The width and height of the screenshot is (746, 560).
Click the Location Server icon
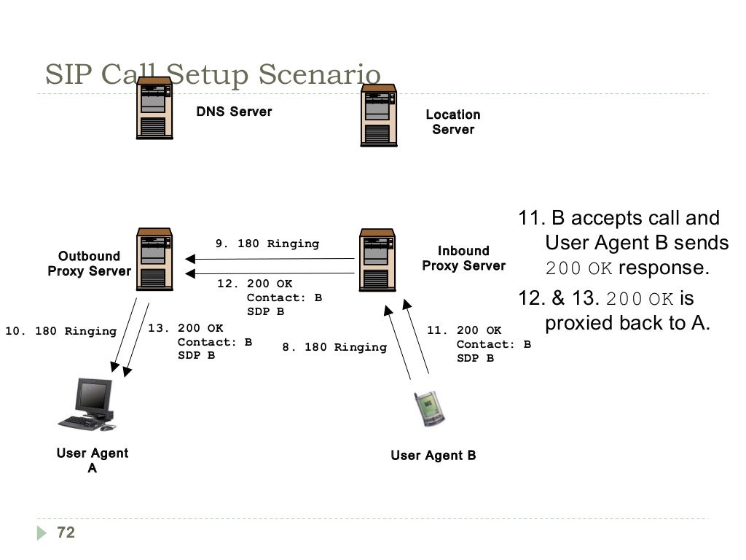[379, 115]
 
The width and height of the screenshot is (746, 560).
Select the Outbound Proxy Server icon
[154, 259]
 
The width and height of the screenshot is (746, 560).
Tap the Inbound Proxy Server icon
[378, 260]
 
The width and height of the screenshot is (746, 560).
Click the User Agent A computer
[88, 405]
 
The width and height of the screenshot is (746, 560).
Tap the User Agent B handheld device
[429, 408]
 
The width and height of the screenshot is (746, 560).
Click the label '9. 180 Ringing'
[267, 244]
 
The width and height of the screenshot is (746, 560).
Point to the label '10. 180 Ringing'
[60, 331]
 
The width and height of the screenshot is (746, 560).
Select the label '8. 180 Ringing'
[334, 347]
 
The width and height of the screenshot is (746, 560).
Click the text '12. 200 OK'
[254, 284]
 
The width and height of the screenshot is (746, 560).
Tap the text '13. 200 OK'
[186, 328]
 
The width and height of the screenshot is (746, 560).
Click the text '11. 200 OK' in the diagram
[464, 330]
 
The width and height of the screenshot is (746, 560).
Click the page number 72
[66, 533]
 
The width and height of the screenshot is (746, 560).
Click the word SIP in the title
[70, 75]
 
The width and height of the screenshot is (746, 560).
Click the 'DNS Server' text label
[234, 112]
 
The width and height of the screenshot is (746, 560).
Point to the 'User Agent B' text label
[433, 456]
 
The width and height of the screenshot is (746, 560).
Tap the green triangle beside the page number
[42, 533]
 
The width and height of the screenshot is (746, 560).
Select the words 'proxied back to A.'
[627, 323]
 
